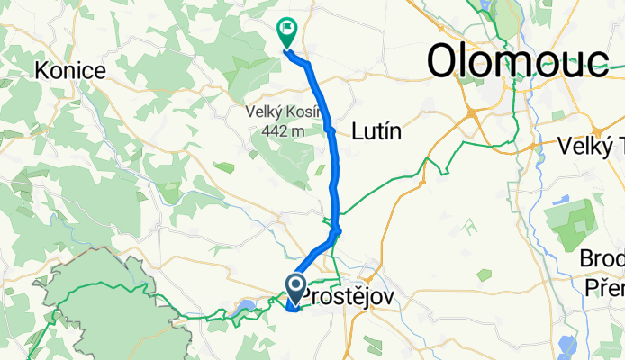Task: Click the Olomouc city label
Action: click(516, 61)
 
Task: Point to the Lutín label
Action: click(377, 131)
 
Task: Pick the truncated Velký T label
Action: click(591, 144)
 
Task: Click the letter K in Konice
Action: click(39, 71)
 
